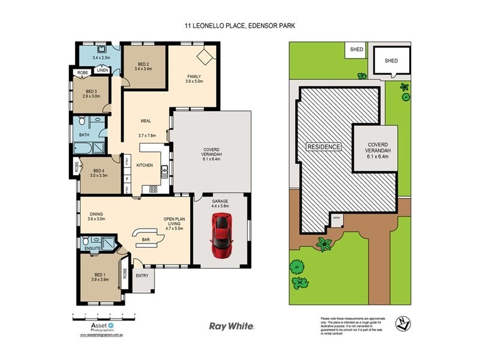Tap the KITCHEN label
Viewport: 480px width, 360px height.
click(144, 165)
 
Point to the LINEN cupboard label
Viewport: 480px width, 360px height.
click(103, 70)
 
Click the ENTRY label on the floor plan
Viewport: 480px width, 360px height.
click(142, 276)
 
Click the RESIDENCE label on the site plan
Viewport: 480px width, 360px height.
click(323, 147)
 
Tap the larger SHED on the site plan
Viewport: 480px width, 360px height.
click(391, 61)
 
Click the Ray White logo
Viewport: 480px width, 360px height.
click(231, 326)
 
